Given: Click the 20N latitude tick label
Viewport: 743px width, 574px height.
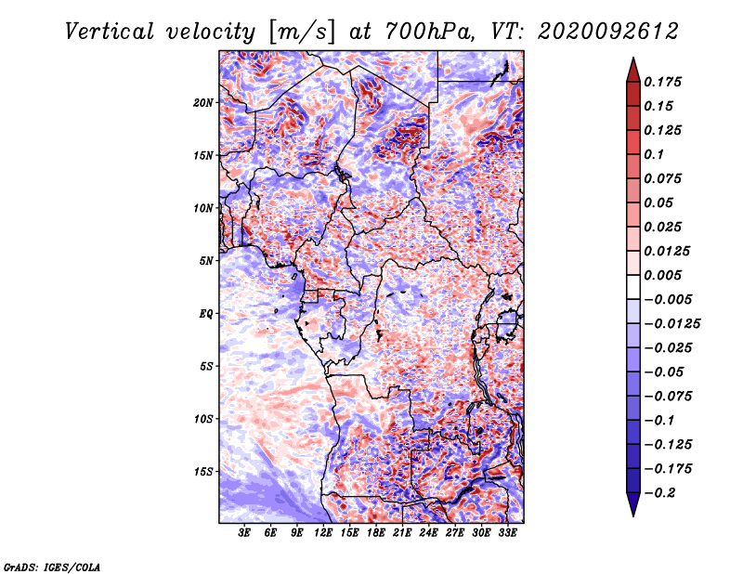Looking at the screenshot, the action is tap(203, 103).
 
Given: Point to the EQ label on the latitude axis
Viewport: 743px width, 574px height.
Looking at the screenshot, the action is tap(206, 314).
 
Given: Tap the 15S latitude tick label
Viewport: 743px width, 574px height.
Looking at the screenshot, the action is tap(203, 472).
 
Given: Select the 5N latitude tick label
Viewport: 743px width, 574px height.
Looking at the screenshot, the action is tap(206, 261).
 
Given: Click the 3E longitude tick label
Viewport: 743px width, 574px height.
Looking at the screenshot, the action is tap(244, 533).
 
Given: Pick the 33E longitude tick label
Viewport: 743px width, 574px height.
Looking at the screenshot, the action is tap(507, 533).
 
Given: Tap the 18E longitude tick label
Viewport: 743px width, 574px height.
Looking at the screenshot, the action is tap(376, 533).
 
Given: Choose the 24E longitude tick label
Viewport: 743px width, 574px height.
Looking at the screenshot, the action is tap(428, 533).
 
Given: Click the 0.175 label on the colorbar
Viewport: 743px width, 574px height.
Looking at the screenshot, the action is tap(662, 82).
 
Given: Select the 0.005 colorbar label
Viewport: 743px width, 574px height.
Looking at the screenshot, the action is tap(662, 275).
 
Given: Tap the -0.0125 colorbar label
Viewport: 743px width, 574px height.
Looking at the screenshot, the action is tap(671, 324).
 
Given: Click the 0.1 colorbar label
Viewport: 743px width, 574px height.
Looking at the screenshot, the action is tap(654, 154).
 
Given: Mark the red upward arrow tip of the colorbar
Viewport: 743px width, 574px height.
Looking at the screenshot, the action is tap(633, 58).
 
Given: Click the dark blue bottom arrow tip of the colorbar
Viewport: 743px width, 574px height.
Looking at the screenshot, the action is tap(633, 515).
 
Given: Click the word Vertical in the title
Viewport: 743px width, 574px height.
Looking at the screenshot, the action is tap(110, 32).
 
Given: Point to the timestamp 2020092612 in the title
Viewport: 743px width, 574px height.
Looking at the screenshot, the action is tap(608, 32).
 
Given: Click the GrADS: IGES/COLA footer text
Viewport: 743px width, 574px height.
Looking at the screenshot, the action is tap(52, 567).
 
